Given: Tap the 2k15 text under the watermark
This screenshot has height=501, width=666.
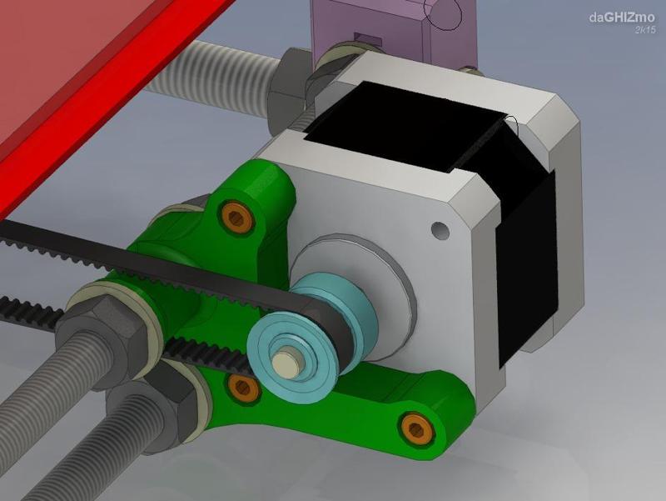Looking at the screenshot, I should [644, 30].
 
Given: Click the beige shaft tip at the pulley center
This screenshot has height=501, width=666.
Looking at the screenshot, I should [289, 362].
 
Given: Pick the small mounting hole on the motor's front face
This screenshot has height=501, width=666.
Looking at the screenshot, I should [438, 228].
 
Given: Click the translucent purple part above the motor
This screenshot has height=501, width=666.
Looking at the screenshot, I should [391, 29].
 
